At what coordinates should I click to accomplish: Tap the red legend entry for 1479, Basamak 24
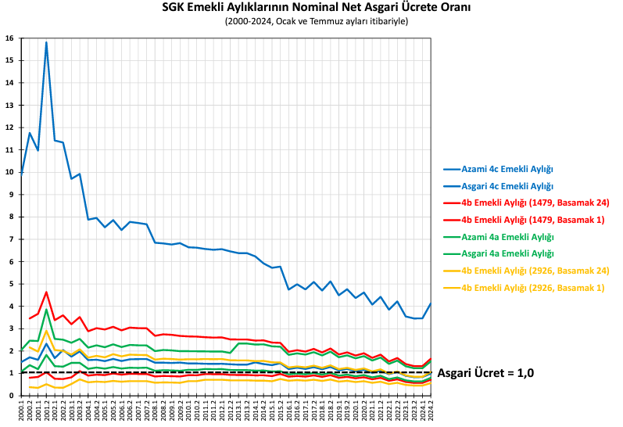pos(533,203)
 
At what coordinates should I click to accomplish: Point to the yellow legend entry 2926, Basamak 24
pos(533,271)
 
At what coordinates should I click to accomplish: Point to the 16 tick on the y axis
pos(9,38)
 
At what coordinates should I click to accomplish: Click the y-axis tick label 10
pos(9,172)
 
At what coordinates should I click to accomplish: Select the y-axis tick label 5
pos(10,284)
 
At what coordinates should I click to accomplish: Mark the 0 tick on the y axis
pos(10,396)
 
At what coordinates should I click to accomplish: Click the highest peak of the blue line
pos(47,42)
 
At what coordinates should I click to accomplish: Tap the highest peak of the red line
pos(47,292)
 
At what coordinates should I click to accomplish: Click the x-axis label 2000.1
pos(22,410)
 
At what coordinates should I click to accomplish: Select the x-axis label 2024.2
pos(431,410)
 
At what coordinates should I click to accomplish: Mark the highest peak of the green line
pos(47,310)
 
